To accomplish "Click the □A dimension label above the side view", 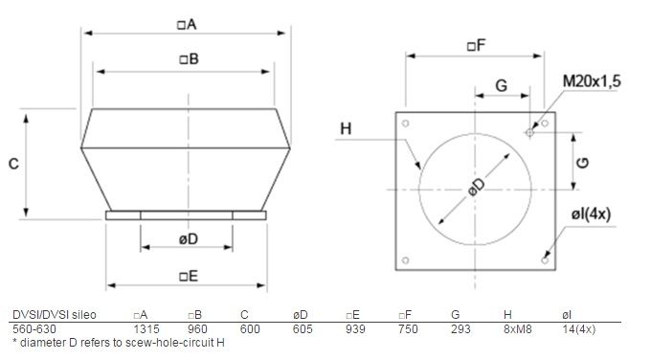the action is (187, 25).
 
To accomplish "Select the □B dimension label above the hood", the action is (189, 59).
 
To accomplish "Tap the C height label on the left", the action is (13, 164).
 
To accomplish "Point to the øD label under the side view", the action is (189, 238).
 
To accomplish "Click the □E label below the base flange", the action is (189, 276).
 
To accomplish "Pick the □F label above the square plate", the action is (477, 45).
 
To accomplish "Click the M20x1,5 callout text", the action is (592, 81).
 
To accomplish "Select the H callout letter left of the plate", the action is (346, 128).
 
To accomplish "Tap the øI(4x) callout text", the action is (591, 214).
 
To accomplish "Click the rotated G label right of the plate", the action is (583, 163).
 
